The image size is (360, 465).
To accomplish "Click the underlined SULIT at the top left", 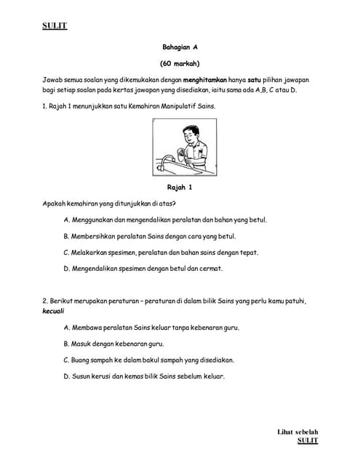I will pyautogui.click(x=55, y=26).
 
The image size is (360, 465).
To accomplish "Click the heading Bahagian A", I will pyautogui.click(x=180, y=46).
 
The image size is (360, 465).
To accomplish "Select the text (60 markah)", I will pyautogui.click(x=180, y=63).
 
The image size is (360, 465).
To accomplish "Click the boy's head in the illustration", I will pyautogui.click(x=191, y=134).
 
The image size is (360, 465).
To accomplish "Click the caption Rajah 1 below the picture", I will pyautogui.click(x=180, y=187).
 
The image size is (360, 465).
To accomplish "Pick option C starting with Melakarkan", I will pyautogui.click(x=161, y=252).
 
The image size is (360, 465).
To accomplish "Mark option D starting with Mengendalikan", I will pyautogui.click(x=143, y=268).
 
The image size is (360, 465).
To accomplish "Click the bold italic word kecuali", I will pyautogui.click(x=53, y=311).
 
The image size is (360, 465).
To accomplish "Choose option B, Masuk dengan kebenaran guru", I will pyautogui.click(x=113, y=344).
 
